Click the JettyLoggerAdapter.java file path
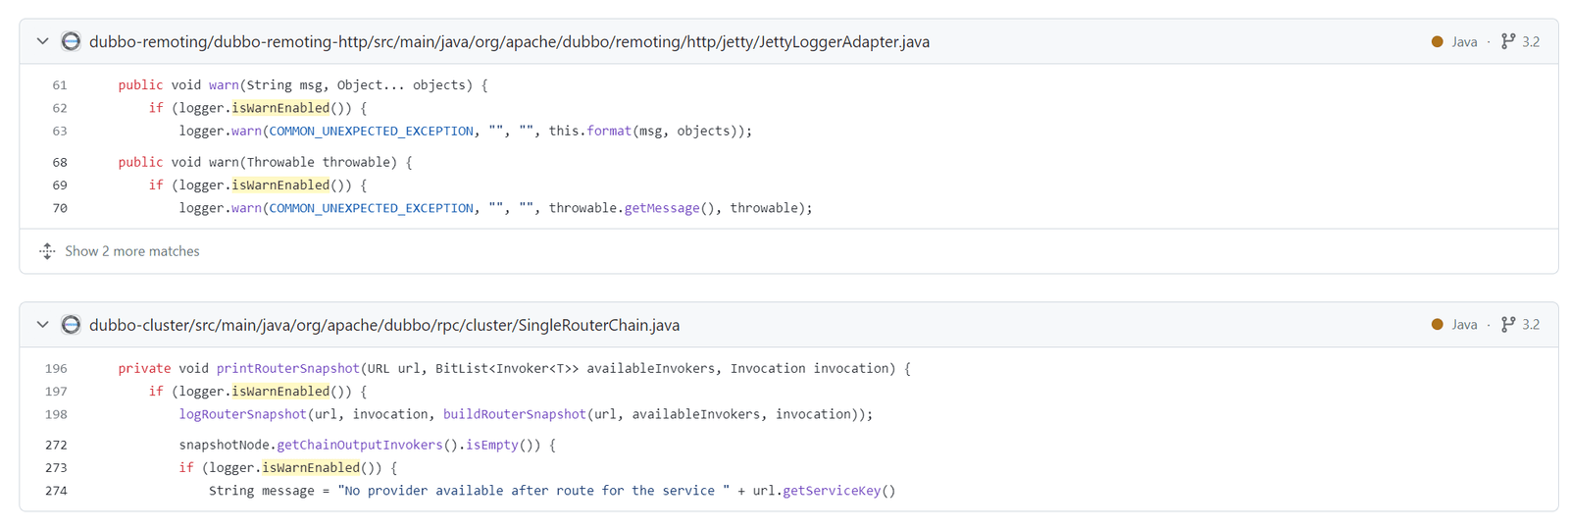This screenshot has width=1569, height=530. click(x=509, y=42)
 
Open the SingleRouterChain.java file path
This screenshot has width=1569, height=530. click(x=383, y=325)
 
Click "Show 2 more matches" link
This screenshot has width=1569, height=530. click(x=131, y=251)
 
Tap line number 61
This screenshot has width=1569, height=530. click(x=60, y=85)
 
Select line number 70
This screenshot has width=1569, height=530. click(x=60, y=208)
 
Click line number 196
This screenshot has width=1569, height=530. click(x=56, y=369)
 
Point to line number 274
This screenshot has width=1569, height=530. click(x=56, y=491)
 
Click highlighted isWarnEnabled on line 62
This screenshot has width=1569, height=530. click(x=280, y=108)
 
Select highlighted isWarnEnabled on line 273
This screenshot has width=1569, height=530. click(x=311, y=467)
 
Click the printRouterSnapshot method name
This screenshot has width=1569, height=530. click(x=288, y=369)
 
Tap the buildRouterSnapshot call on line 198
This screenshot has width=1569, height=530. click(x=514, y=414)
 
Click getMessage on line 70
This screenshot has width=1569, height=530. click(x=662, y=208)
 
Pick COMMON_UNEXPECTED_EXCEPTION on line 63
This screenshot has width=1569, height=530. click(x=372, y=132)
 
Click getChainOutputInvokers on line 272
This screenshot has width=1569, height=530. click(x=360, y=446)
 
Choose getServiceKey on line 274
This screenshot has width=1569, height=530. click(x=832, y=491)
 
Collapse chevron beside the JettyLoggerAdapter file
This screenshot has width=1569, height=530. click(x=43, y=41)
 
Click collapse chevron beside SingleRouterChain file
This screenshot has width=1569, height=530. click(x=43, y=325)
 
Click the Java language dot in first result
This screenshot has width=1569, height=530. click(x=1438, y=42)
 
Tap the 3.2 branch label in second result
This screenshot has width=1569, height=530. click(x=1531, y=325)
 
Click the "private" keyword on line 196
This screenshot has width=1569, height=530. click(x=144, y=369)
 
